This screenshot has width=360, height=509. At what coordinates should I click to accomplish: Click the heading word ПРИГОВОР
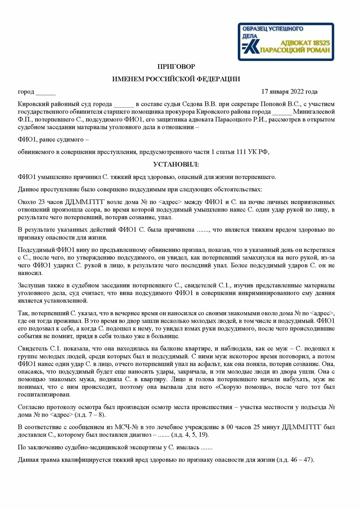176,67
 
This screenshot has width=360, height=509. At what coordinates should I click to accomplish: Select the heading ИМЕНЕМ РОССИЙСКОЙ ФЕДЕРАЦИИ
176,79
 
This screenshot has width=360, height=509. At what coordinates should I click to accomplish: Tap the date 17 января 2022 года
289,92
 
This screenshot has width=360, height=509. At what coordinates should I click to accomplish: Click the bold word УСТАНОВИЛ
176,164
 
